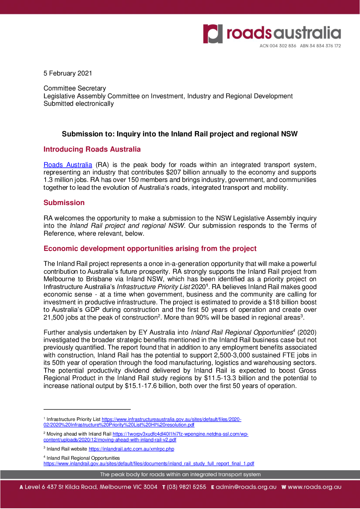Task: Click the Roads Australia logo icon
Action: pos(213,34)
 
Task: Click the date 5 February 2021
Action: pos(68,73)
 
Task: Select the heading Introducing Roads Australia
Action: pos(92,149)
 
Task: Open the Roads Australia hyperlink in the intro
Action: pos(68,165)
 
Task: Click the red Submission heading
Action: pos(64,203)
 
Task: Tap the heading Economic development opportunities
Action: pos(150,249)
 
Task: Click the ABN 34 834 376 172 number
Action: pos(320,46)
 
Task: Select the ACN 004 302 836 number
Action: pos(278,46)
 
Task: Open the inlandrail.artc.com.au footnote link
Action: pos(131,449)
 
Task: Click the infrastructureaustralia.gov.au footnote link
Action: pos(171,420)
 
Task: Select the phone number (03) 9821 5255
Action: pos(186,487)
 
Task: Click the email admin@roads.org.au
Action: pos(246,487)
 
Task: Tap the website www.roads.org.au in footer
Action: pos(314,487)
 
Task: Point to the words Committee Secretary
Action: pos(75,88)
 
